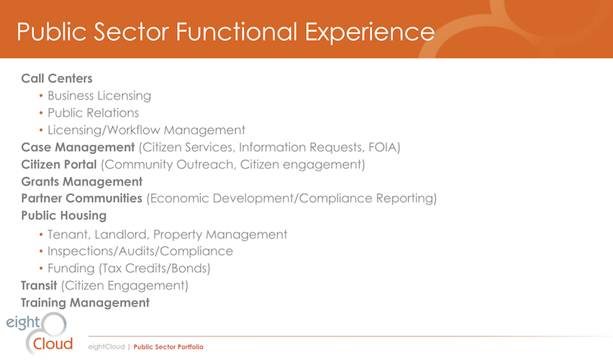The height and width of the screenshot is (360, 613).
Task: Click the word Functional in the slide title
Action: pyautogui.click(x=237, y=31)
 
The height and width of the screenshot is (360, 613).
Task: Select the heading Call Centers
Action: pyautogui.click(x=57, y=78)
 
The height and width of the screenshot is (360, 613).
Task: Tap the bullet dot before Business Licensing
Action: pyautogui.click(x=41, y=96)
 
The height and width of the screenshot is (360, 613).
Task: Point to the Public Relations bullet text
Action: pyautogui.click(x=93, y=113)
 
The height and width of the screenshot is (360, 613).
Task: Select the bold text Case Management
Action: pyautogui.click(x=78, y=148)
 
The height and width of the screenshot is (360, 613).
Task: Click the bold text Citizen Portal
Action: pyautogui.click(x=59, y=164)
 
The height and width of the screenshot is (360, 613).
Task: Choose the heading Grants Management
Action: pyautogui.click(x=82, y=182)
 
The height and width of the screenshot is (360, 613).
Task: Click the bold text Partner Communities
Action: pyautogui.click(x=81, y=199)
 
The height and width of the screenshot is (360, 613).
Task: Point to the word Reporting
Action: pyautogui.click(x=404, y=199)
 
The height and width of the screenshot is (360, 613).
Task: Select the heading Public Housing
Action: pyautogui.click(x=64, y=216)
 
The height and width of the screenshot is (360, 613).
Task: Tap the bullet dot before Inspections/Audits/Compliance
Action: pyautogui.click(x=41, y=251)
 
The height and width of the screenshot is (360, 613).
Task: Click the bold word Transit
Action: pyautogui.click(x=39, y=286)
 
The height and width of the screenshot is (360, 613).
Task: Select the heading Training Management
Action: pyautogui.click(x=85, y=303)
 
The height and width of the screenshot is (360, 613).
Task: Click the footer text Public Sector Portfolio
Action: pyautogui.click(x=168, y=347)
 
